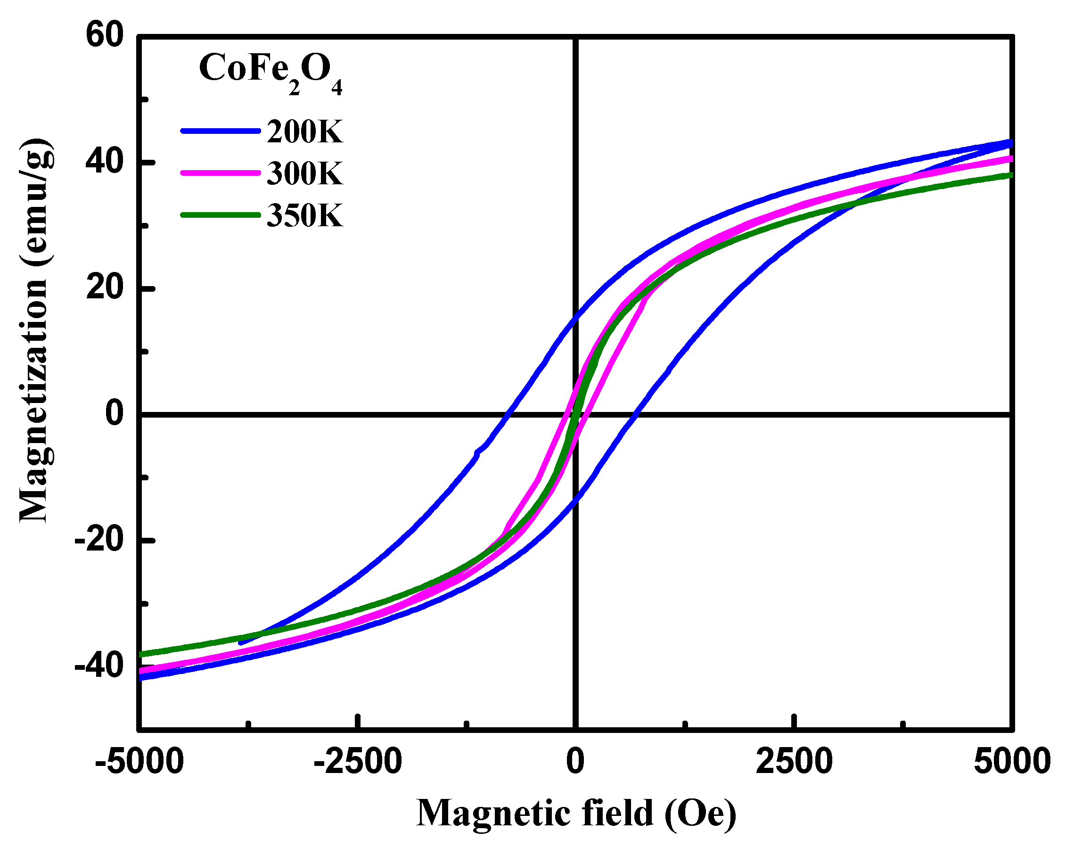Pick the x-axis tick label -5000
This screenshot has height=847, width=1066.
click(x=139, y=762)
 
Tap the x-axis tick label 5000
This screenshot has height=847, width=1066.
click(x=1012, y=762)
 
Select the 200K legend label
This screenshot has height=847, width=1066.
click(x=304, y=132)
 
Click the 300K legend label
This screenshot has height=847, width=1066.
click(x=304, y=174)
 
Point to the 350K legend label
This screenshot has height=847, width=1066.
click(x=304, y=216)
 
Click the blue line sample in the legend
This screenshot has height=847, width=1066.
click(x=221, y=131)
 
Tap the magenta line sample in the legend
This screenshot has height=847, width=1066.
click(x=221, y=173)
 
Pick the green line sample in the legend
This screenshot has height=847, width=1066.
click(x=221, y=215)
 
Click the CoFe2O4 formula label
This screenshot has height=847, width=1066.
click(x=270, y=72)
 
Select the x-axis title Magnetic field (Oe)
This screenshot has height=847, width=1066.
click(x=576, y=814)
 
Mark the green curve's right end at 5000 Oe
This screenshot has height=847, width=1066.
click(x=1010, y=175)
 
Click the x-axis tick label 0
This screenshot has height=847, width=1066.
click(x=575, y=762)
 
